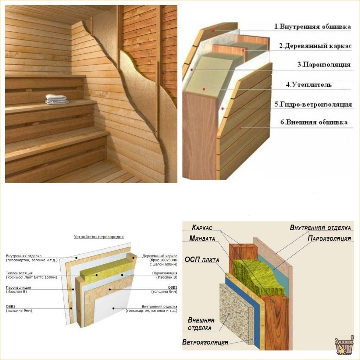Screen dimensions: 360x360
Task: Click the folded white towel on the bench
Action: pos(57,99)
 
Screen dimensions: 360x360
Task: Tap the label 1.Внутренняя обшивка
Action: pos(313,26)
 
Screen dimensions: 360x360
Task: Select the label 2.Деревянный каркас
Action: pos(315,46)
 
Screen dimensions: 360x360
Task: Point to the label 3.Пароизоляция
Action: pos(324,65)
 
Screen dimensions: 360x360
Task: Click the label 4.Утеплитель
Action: pos(309,85)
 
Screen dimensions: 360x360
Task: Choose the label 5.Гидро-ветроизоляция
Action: pos(313,105)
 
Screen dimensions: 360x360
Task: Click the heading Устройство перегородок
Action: pos(99,237)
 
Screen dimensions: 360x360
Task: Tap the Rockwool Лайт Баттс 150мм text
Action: pos(32,277)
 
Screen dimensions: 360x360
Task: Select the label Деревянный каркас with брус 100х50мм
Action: pos(160,260)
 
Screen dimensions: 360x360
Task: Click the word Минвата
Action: pos(202,239)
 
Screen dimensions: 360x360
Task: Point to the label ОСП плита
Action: pos(202,260)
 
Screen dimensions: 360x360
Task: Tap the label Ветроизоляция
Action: pos(205,342)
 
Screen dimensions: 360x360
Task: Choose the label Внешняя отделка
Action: pos(201,324)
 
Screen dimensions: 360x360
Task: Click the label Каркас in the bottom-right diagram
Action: pos(202,227)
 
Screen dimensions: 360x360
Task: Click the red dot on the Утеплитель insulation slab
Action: pos(204,89)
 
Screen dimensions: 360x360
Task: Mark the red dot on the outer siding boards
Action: pos(240,128)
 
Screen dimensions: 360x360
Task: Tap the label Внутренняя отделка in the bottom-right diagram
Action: pos(320,228)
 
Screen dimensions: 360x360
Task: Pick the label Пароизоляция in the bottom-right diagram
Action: pos(329,238)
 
